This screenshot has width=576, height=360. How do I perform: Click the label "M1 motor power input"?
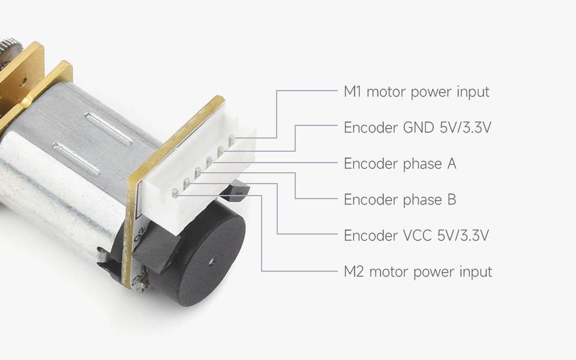click(416, 92)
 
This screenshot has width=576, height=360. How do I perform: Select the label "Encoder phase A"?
click(400, 164)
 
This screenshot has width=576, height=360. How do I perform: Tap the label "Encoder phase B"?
click(400, 200)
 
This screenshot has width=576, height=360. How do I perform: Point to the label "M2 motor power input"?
click(418, 272)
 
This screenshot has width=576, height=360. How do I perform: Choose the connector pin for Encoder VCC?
click(186, 182)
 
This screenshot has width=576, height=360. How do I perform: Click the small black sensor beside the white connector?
click(237, 190)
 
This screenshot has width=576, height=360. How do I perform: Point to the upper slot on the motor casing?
click(109, 128)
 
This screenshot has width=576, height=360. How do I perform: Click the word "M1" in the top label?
click(352, 92)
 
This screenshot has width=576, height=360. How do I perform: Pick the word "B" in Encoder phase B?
click(451, 200)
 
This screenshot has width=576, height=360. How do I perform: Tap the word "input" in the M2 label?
click(475, 272)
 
